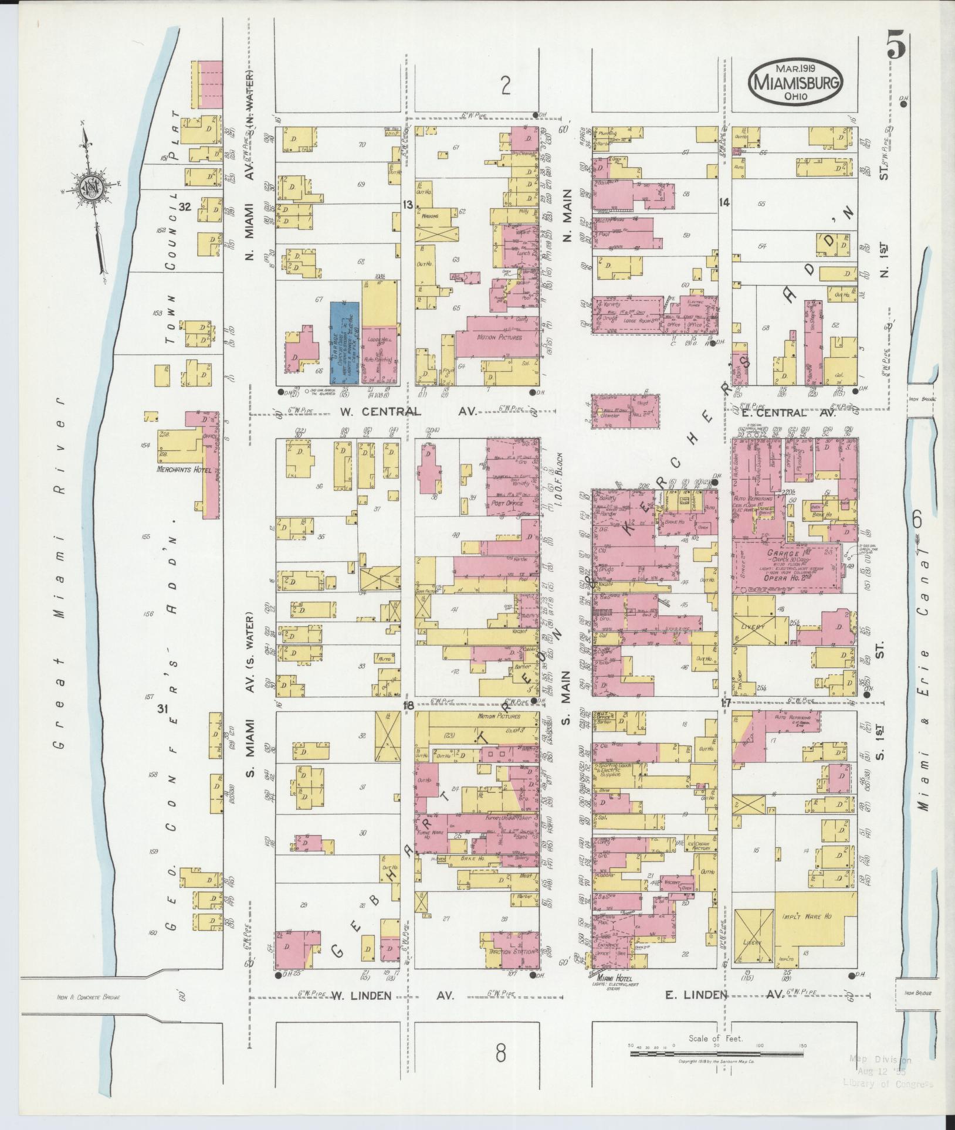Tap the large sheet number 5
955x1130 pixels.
[896, 45]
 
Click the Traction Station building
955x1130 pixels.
[510, 952]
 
